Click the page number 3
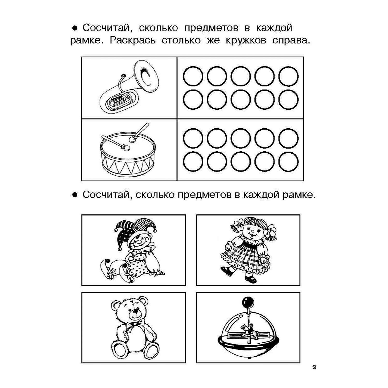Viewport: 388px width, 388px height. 314,367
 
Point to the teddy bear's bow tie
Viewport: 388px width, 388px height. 136,323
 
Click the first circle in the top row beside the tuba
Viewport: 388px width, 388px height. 193,76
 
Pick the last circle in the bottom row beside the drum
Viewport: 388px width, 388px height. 288,162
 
